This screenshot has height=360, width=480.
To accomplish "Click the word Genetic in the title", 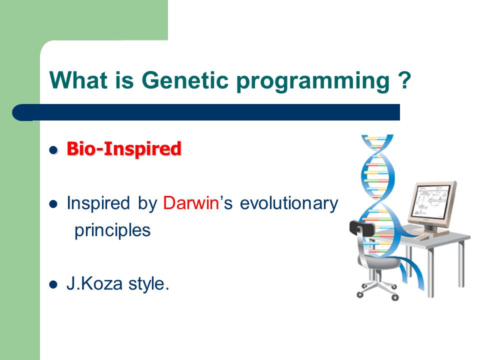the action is click(x=185, y=80).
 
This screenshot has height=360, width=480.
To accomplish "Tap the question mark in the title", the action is click(x=404, y=80).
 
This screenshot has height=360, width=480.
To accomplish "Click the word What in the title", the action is click(x=78, y=80).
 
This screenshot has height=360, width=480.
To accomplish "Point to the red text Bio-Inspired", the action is click(x=124, y=149).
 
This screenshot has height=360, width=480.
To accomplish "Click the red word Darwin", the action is click(x=191, y=202).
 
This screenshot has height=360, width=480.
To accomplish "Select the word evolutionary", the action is click(x=289, y=204).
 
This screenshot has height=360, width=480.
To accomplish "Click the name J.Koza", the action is click(x=94, y=283).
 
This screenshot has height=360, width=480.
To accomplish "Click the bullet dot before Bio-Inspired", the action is click(x=53, y=150).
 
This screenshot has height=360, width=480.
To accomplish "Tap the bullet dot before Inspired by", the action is click(x=53, y=204).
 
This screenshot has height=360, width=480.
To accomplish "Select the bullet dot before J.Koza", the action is click(x=53, y=284).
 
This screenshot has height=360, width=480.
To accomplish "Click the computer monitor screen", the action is click(x=431, y=201).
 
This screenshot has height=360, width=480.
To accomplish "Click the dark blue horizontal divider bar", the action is click(x=206, y=112).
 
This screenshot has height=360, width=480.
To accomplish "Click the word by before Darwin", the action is click(x=147, y=204).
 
